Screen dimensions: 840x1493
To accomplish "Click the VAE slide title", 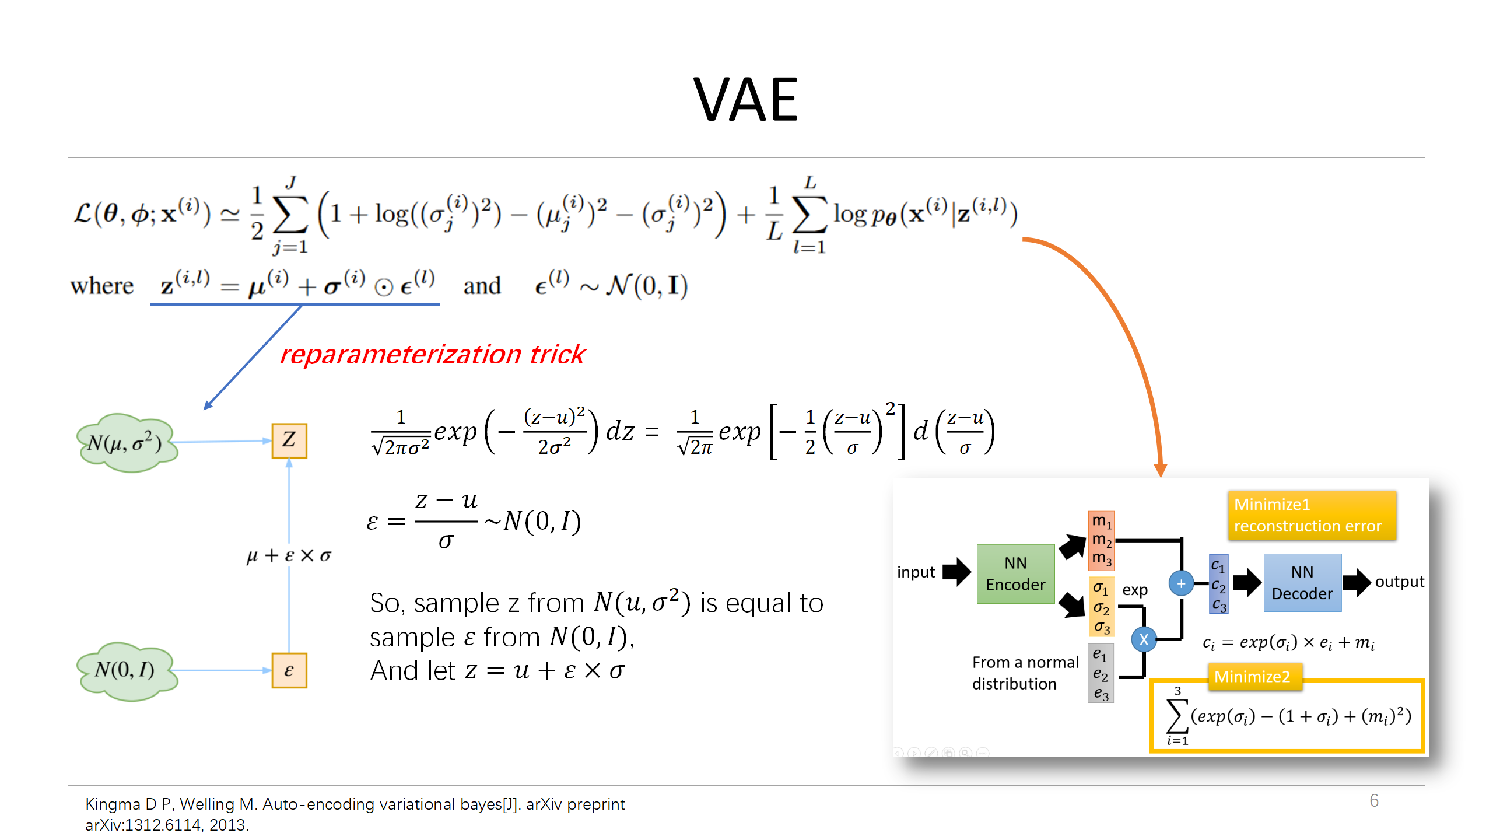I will click(745, 100).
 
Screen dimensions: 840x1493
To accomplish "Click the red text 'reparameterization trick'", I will click(432, 355).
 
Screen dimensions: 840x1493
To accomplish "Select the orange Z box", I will click(289, 440).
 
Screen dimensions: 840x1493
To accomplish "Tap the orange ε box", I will click(289, 671).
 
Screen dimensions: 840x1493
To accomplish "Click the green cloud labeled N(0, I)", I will click(126, 671).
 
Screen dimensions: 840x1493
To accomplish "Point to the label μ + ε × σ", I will click(289, 555).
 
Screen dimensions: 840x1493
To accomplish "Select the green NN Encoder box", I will click(1015, 574).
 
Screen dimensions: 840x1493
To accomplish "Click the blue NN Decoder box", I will click(1302, 583).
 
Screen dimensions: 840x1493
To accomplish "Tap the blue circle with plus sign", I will click(1181, 583).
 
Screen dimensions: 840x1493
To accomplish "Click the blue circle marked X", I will click(1144, 639).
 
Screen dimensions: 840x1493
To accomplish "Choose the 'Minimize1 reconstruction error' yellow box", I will click(1311, 515).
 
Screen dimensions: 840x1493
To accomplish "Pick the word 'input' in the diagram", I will click(916, 572).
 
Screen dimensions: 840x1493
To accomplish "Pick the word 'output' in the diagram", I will click(1399, 582).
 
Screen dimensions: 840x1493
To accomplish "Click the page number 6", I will click(1374, 801).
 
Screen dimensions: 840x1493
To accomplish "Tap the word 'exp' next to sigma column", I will click(1134, 590).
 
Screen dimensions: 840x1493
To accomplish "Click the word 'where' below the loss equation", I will click(102, 286).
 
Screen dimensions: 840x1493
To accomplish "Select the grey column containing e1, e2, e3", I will click(1101, 673).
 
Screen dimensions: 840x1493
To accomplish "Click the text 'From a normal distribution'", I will click(1025, 673).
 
